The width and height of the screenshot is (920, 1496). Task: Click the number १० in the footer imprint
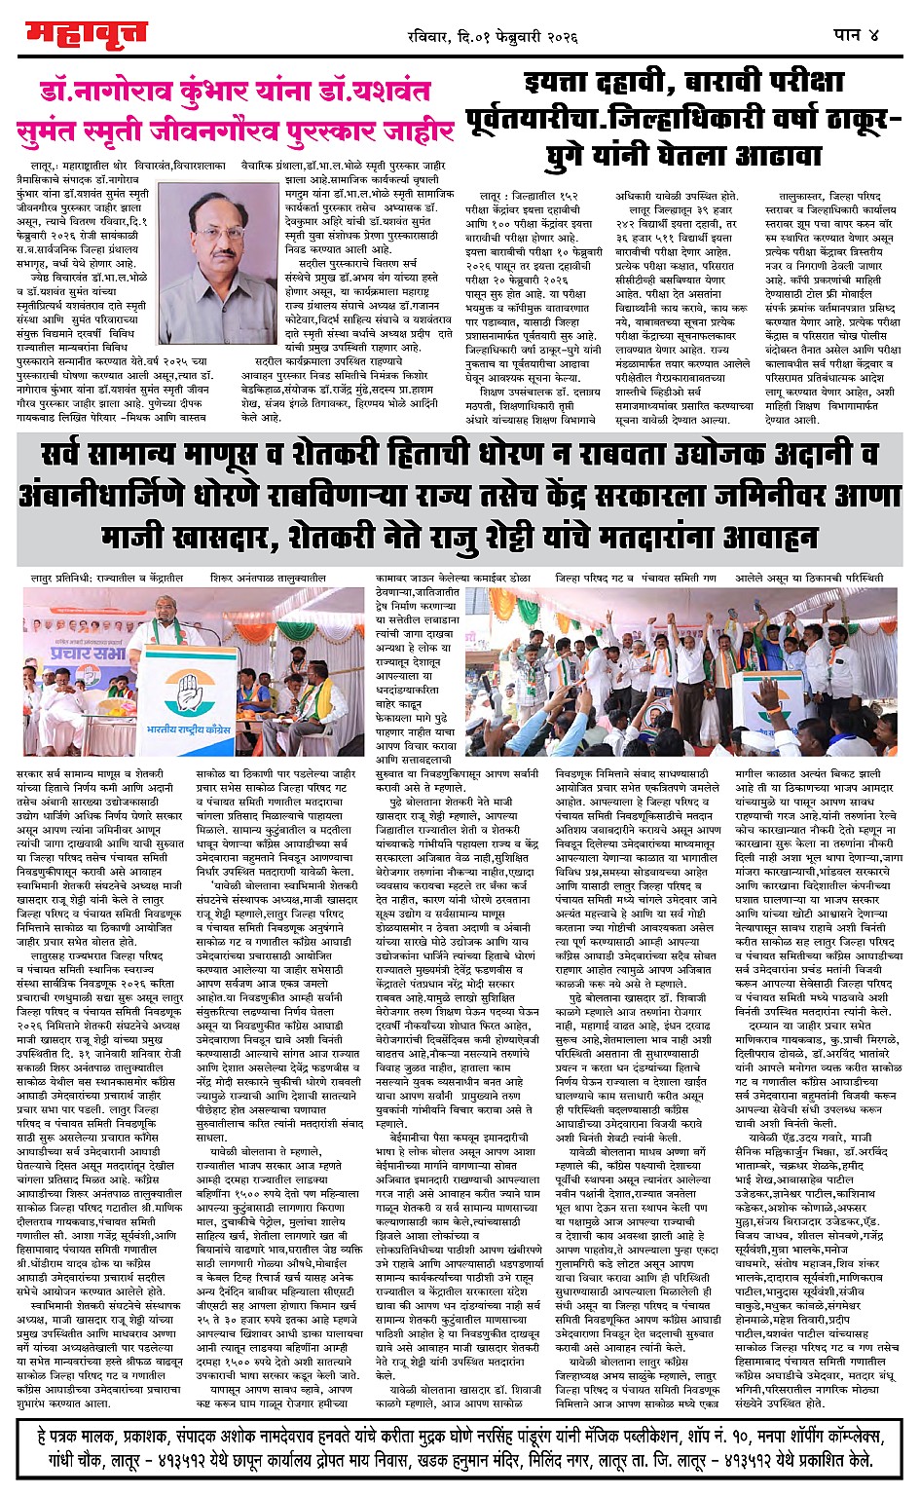point(726,1435)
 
